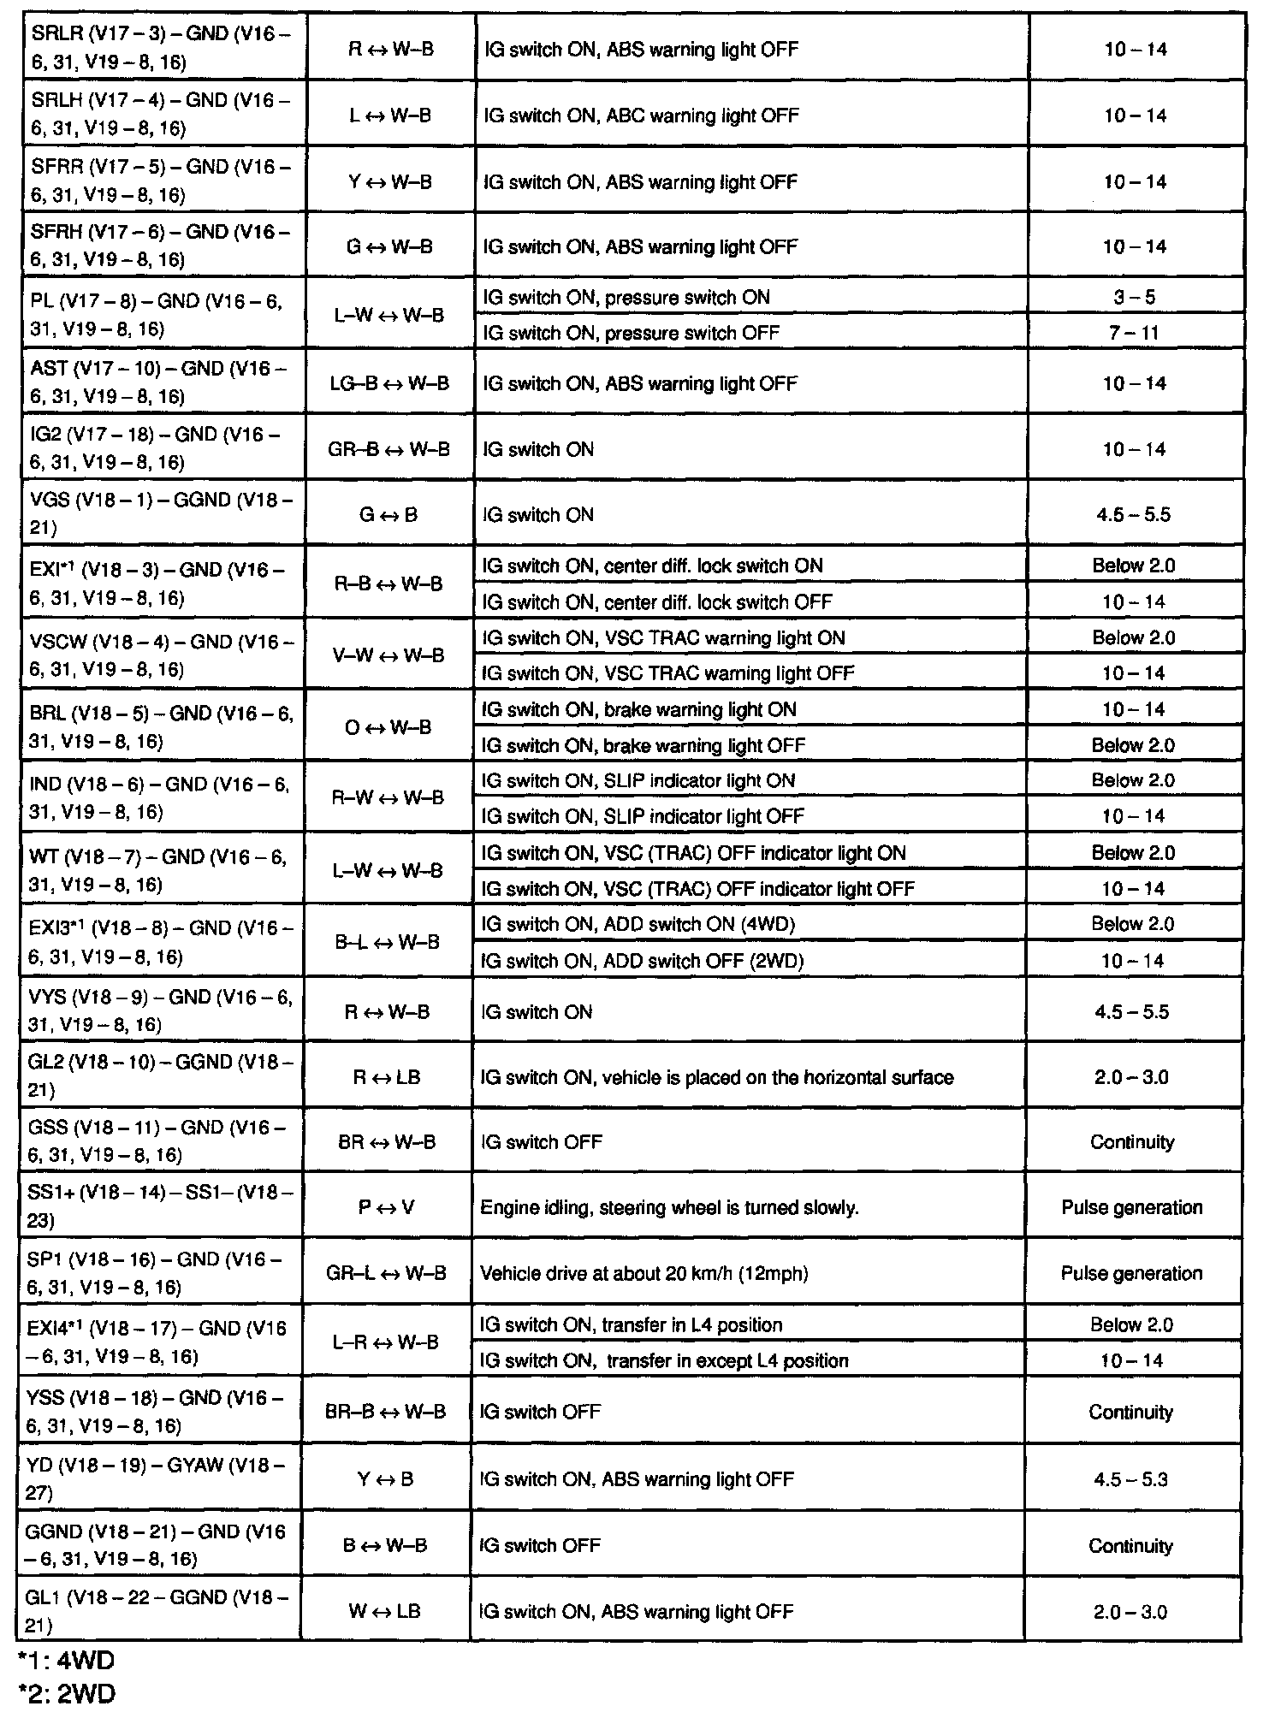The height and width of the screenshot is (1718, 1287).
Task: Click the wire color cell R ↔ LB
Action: click(x=387, y=1077)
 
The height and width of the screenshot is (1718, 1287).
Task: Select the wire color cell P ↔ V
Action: click(x=386, y=1207)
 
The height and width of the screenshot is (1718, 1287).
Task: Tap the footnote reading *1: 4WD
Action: click(x=66, y=1661)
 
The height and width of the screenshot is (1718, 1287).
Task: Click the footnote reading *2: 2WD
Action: click(x=66, y=1693)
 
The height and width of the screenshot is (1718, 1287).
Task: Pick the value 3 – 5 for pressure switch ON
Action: click(x=1133, y=297)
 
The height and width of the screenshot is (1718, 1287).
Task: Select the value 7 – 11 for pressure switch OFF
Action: click(x=1133, y=332)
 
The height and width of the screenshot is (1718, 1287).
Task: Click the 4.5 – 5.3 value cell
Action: click(x=1130, y=1479)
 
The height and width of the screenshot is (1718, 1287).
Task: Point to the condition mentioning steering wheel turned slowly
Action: click(x=669, y=1207)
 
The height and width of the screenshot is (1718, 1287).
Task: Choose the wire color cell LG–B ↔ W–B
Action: click(x=389, y=383)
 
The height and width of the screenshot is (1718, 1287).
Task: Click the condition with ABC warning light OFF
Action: click(x=641, y=116)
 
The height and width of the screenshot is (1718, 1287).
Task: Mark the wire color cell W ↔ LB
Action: click(x=385, y=1611)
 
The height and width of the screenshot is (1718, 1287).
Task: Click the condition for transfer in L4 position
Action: click(x=632, y=1324)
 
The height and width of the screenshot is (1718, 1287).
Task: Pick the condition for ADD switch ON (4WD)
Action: click(x=639, y=924)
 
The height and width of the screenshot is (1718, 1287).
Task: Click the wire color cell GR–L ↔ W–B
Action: click(x=386, y=1273)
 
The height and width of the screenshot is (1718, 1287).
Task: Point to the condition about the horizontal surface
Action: click(x=717, y=1077)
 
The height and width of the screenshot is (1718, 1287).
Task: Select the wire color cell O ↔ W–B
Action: click(x=388, y=727)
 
